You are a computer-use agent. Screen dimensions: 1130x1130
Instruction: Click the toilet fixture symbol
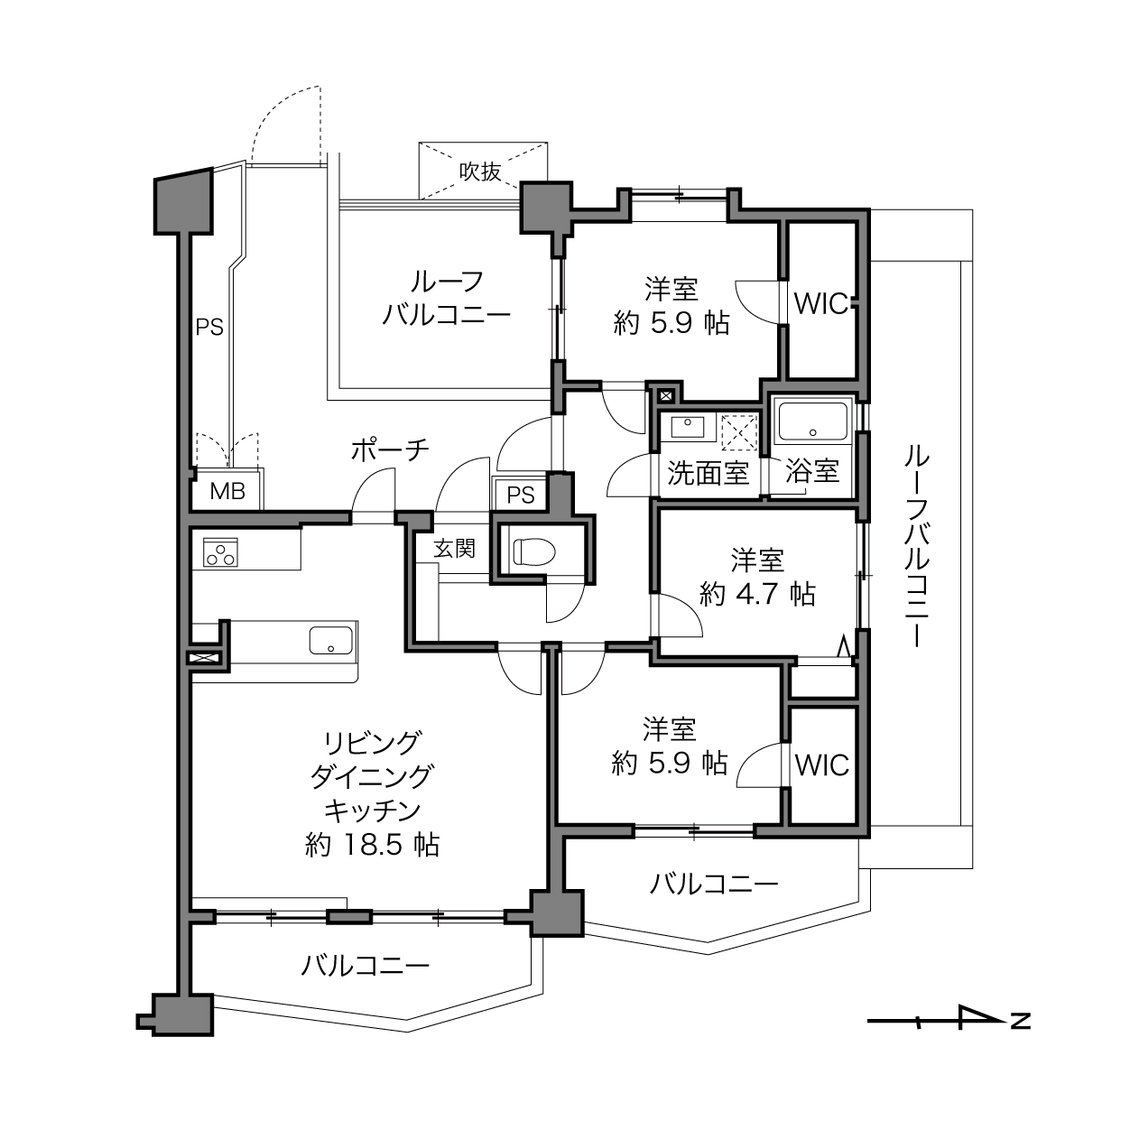pyautogui.click(x=534, y=551)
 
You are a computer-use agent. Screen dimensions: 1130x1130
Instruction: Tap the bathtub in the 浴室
pyautogui.click(x=812, y=422)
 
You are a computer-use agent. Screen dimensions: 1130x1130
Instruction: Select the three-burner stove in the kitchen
pyautogui.click(x=220, y=552)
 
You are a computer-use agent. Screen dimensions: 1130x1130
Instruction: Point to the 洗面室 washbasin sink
pyautogui.click(x=688, y=427)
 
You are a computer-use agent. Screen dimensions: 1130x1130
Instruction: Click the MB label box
pyautogui.click(x=227, y=491)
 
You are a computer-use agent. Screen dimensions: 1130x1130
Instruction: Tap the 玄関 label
pyautogui.click(x=455, y=548)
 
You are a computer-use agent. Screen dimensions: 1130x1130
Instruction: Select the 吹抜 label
pyautogui.click(x=480, y=171)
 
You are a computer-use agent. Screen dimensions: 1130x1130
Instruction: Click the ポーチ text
pyautogui.click(x=391, y=450)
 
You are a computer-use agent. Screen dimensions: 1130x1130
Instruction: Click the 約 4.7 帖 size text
pyautogui.click(x=757, y=595)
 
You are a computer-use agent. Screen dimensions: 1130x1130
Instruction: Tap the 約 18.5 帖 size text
pyautogui.click(x=373, y=845)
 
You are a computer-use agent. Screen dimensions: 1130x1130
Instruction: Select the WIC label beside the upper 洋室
pyautogui.click(x=821, y=304)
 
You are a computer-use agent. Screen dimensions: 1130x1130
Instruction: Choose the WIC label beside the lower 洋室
pyautogui.click(x=822, y=765)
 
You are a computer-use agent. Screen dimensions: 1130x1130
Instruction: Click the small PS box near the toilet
pyautogui.click(x=521, y=495)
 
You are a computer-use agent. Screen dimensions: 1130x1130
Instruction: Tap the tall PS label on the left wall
pyautogui.click(x=209, y=328)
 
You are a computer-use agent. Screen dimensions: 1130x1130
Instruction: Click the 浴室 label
pyautogui.click(x=812, y=471)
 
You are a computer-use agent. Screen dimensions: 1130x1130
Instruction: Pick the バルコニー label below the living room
pyautogui.click(x=366, y=966)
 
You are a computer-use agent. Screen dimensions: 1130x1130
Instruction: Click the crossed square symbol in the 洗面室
pyautogui.click(x=739, y=432)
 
